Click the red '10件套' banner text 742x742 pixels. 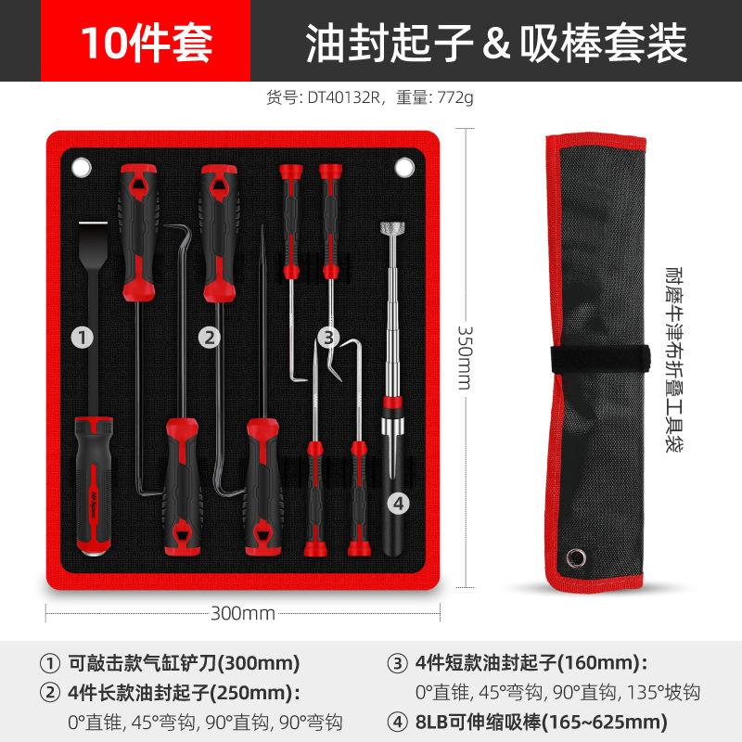pyautogui.click(x=146, y=42)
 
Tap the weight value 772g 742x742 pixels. pyautogui.click(x=454, y=96)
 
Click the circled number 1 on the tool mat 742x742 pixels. pyautogui.click(x=84, y=339)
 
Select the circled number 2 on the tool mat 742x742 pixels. pyautogui.click(x=211, y=339)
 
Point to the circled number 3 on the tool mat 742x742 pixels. pyautogui.click(x=326, y=339)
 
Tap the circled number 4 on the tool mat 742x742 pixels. pyautogui.click(x=397, y=504)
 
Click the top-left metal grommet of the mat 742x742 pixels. pyautogui.click(x=82, y=168)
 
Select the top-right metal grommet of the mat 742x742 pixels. pyautogui.click(x=403, y=167)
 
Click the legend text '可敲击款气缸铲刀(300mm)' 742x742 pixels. pyautogui.click(x=184, y=664)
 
